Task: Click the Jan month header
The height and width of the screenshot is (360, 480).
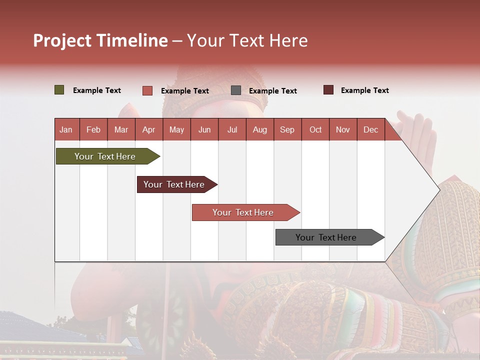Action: (66, 129)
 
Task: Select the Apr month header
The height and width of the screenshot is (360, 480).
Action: (149, 129)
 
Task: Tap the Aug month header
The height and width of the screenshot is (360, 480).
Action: (260, 129)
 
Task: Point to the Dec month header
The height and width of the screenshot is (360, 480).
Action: (370, 129)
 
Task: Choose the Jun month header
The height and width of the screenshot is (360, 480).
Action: (204, 129)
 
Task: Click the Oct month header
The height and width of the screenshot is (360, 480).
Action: (315, 129)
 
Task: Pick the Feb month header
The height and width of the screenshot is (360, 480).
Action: (93, 129)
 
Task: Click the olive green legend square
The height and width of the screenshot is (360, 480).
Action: (59, 90)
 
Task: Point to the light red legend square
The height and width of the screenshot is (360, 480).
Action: (147, 90)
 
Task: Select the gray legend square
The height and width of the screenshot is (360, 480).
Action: (236, 90)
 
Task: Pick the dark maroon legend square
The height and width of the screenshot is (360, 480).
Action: (328, 90)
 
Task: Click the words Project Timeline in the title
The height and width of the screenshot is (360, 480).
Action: (100, 40)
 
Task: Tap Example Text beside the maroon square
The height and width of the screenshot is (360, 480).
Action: (364, 90)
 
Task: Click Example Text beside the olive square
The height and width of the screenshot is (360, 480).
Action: (97, 90)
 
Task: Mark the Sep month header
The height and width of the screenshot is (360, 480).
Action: (287, 129)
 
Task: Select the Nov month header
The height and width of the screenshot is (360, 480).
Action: (343, 129)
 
